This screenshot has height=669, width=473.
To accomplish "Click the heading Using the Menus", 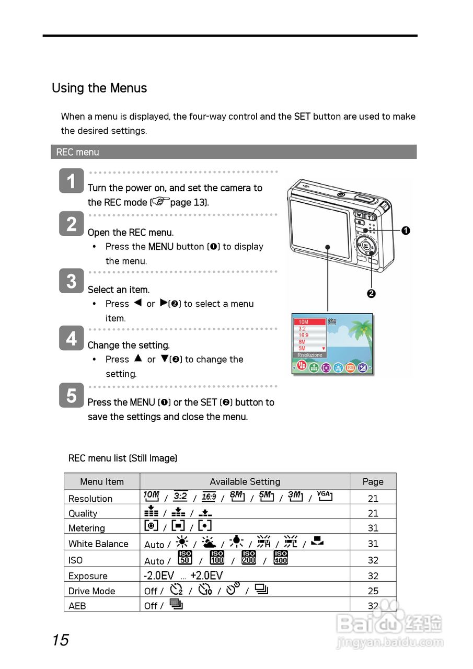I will coord(99,88).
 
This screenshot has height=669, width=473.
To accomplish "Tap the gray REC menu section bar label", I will coord(78,152).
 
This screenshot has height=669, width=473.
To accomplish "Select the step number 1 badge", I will coord(71,181).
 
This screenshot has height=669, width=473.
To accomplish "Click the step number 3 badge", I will coord(71,281).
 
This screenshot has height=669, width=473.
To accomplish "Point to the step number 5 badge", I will coord(71,396).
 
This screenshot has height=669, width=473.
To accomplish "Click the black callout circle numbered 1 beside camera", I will coord(406,230).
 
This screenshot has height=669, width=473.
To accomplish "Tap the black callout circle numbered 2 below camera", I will coord(371,294).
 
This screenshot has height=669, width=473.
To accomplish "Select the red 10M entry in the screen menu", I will coord(310,322).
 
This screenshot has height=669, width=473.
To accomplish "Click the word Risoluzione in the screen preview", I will coord(310,355).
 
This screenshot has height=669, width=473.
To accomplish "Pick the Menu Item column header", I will coord(102,481).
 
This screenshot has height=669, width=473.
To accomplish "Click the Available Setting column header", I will coord(245,481).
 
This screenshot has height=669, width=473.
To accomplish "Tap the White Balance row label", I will coord(98,544).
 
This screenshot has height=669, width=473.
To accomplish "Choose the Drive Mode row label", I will coord(92,591).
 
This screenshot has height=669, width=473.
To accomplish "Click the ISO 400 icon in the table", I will coord(281,558).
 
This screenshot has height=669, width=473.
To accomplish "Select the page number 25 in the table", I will coord(373,591).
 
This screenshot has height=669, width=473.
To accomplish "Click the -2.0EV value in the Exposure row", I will coord(159,575).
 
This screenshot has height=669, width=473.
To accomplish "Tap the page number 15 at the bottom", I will coord(61,640).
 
